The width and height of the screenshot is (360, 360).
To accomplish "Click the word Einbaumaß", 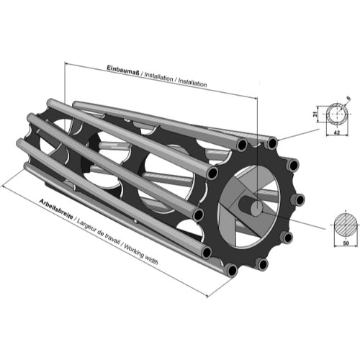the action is (x=123, y=71).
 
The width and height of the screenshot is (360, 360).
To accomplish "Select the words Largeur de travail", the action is (x=99, y=232).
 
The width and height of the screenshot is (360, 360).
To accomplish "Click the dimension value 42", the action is (x=337, y=132).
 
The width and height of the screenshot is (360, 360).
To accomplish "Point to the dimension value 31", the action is (x=315, y=114).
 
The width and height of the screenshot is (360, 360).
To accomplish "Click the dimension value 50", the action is (x=346, y=243).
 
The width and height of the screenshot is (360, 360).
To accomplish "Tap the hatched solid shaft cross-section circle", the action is (x=346, y=225).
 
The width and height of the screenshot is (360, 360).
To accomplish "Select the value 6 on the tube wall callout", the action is (x=348, y=98).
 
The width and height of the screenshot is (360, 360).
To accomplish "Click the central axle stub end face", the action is (x=256, y=208).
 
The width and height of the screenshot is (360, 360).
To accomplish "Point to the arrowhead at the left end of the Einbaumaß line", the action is (x=67, y=63).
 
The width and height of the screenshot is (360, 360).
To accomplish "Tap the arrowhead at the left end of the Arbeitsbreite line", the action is (x=4, y=186).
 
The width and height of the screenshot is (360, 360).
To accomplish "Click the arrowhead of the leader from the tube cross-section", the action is (x=280, y=139).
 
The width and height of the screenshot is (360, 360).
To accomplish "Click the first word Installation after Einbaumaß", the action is (x=158, y=77).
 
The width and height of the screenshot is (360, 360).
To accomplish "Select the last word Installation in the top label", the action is (x=192, y=83).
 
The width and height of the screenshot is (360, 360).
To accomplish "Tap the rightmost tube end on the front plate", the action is (x=298, y=200).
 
